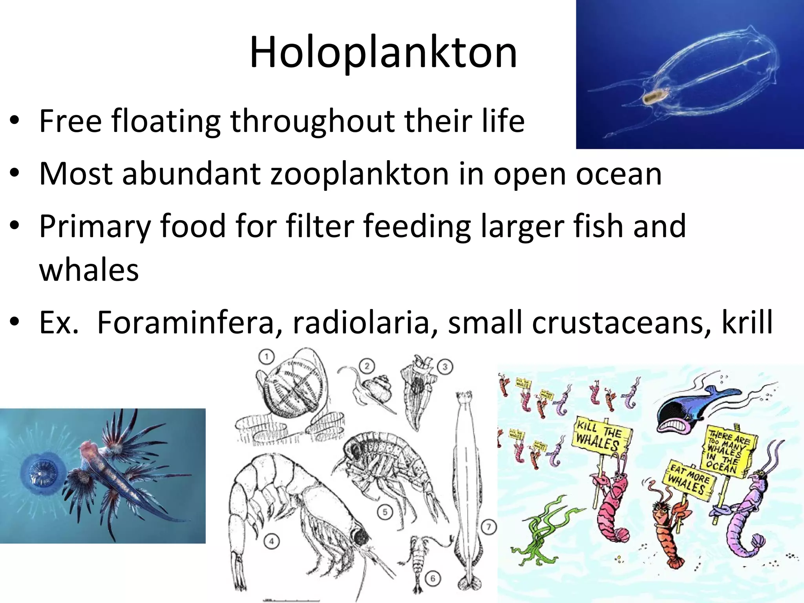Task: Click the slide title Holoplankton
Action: pyautogui.click(x=383, y=53)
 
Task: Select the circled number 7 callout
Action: pyautogui.click(x=488, y=527)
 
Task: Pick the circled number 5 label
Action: pyautogui.click(x=385, y=512)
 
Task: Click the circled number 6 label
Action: pyautogui.click(x=433, y=579)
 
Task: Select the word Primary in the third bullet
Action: pyautogui.click(x=95, y=227)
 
